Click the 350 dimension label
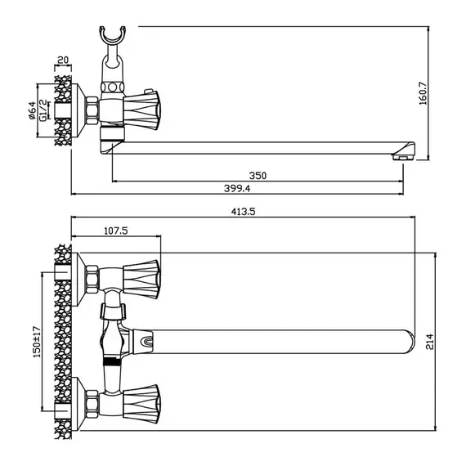pyautogui.click(x=258, y=176)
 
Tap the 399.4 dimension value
pyautogui.click(x=237, y=188)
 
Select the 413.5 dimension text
pyautogui.click(x=243, y=212)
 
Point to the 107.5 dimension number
pyautogui.click(x=116, y=231)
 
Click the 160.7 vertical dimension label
pyautogui.click(x=423, y=94)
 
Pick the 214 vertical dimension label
pyautogui.click(x=430, y=342)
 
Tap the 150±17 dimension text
pyautogui.click(x=37, y=342)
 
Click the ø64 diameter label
pyautogui.click(x=32, y=110)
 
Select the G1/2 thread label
pyautogui.click(x=43, y=110)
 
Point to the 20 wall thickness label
pyautogui.click(x=63, y=60)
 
